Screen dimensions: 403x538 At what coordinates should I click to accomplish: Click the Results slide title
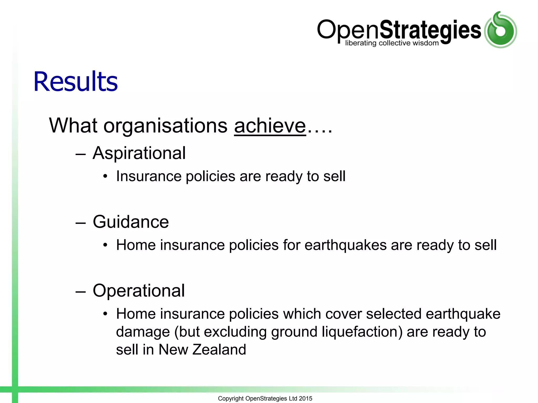(x=76, y=82)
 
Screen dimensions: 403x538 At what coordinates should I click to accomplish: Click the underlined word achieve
(x=270, y=126)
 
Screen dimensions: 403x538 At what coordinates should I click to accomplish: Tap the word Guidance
(x=131, y=222)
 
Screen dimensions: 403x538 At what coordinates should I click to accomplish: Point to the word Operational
(x=139, y=291)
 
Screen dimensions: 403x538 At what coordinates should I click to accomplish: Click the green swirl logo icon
(x=500, y=30)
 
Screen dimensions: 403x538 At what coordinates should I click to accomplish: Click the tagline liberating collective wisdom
(x=392, y=43)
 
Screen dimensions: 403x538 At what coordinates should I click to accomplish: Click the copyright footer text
(x=265, y=398)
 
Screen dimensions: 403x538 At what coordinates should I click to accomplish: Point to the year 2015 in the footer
(x=306, y=398)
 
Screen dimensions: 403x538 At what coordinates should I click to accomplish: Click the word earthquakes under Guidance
(x=345, y=245)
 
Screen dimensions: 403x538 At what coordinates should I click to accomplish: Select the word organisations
(x=165, y=126)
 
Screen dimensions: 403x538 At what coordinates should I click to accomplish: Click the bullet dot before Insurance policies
(x=105, y=176)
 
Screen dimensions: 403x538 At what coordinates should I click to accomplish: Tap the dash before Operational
(x=80, y=291)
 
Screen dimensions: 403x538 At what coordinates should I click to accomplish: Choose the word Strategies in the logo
(x=430, y=30)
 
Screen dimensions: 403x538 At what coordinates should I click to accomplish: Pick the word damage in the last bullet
(x=143, y=332)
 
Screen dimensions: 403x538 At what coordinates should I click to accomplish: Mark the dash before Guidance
(x=80, y=223)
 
